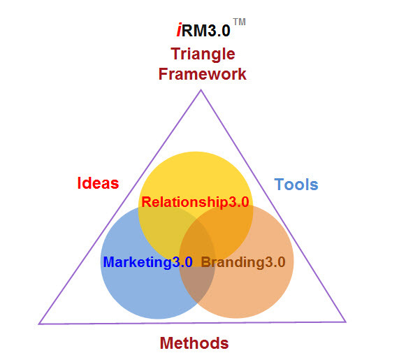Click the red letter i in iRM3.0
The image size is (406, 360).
(x=179, y=30)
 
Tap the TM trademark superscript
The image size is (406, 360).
(x=239, y=22)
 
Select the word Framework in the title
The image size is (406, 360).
(x=203, y=74)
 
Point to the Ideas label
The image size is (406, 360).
(x=98, y=183)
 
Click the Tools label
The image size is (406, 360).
(x=296, y=185)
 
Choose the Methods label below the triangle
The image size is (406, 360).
(x=194, y=343)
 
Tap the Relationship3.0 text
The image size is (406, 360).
(x=195, y=202)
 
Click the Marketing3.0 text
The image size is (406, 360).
(x=147, y=262)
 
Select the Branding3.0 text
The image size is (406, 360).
(x=243, y=262)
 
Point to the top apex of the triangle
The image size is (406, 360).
(x=201, y=90)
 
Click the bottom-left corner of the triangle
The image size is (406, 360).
(x=39, y=324)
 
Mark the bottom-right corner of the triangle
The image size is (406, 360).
(x=345, y=322)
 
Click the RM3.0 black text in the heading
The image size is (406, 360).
(x=206, y=30)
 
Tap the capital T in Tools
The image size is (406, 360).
(x=279, y=185)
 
